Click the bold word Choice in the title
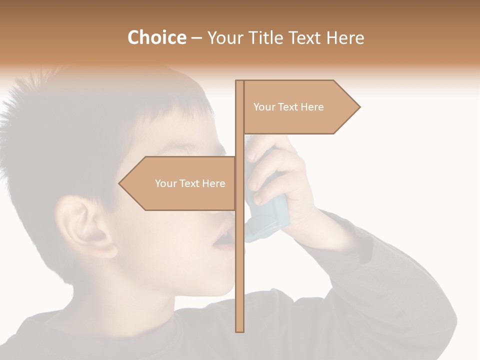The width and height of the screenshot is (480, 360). point(156,37)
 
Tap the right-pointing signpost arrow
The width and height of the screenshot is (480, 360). point(300,107)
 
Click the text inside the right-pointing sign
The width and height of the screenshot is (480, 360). point(288,107)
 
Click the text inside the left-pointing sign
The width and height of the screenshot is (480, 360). point(190,183)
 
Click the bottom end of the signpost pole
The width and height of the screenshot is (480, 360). point(240,329)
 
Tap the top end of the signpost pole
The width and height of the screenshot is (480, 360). point(240,82)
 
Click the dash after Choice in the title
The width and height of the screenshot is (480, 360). point(196,38)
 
